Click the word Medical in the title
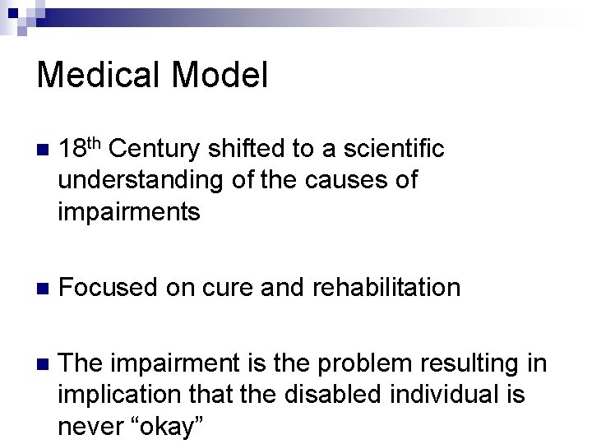95,76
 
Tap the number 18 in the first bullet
72,149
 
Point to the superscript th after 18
95,142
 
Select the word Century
156,149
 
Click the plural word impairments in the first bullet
129,212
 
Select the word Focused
109,287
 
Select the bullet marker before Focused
43,289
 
